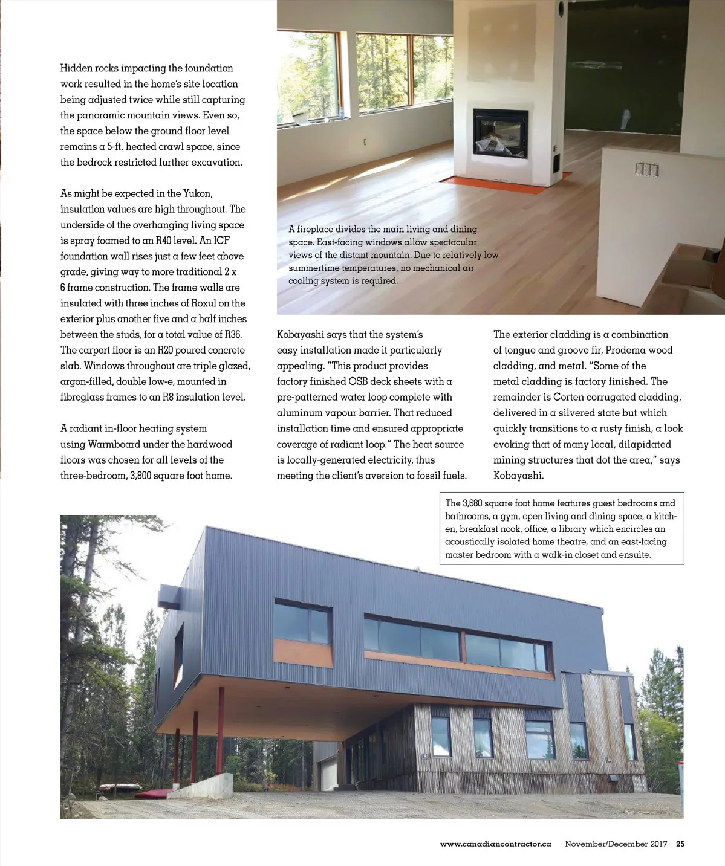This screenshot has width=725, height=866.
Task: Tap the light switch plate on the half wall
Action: (646, 169)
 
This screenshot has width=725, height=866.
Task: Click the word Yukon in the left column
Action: (197, 193)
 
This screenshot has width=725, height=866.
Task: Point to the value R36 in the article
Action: (232, 334)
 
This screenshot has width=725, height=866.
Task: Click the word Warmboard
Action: (114, 444)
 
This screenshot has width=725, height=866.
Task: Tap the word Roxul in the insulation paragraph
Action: (206, 303)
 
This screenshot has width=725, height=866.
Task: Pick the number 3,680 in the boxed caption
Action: (471, 503)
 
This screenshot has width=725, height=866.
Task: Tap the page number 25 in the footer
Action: (680, 844)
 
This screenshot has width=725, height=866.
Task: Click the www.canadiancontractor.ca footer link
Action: (495, 844)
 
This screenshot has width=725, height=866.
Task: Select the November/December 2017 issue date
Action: (616, 844)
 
